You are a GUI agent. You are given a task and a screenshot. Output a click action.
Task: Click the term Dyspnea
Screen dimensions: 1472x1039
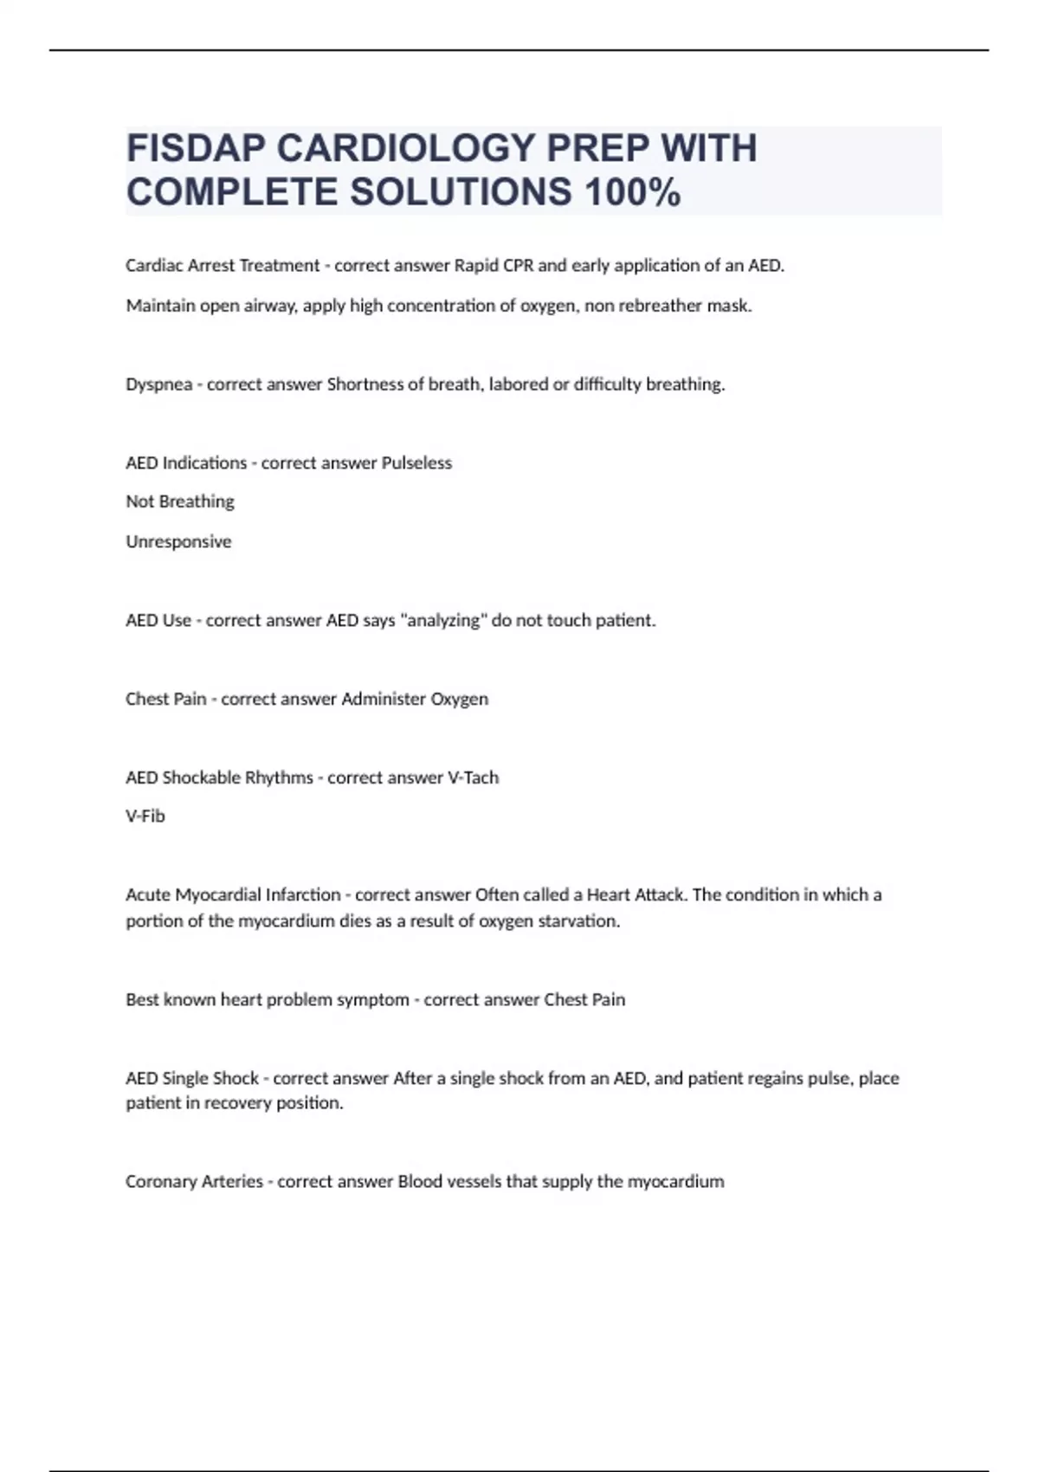point(159,384)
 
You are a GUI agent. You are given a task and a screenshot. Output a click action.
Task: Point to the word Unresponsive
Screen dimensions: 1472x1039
point(178,542)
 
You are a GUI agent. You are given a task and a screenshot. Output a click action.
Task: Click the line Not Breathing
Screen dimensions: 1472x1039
point(180,502)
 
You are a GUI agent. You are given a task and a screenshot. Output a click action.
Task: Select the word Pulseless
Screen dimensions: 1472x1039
point(416,463)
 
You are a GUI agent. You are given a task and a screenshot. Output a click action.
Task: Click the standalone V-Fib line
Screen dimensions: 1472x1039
point(145,817)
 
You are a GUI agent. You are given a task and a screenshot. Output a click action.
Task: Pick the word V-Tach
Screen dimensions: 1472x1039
point(473,778)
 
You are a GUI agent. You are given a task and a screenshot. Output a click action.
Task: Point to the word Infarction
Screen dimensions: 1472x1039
point(303,895)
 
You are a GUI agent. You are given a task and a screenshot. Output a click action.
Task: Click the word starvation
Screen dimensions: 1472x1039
point(578,921)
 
